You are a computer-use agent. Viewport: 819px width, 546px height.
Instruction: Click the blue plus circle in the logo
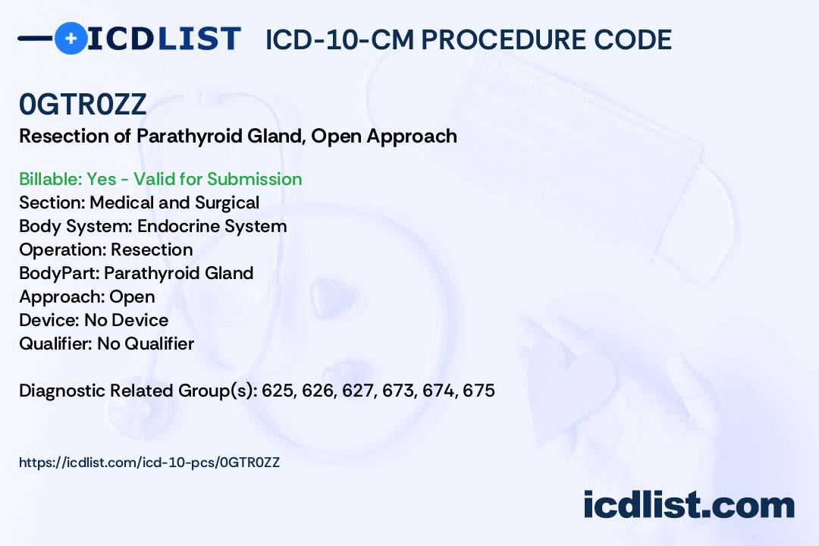71,38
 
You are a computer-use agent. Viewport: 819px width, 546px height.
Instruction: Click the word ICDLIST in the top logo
164,39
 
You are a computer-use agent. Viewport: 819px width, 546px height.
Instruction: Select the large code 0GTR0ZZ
83,104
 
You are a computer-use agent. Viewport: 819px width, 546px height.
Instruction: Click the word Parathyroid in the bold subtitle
189,136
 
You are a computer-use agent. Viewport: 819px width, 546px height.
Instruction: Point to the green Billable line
160,179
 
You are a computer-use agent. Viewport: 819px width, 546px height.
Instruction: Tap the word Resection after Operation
152,249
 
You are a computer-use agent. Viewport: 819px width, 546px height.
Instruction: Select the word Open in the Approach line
132,297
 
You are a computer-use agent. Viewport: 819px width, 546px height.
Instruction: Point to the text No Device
127,320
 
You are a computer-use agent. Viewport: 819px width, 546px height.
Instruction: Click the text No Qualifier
146,344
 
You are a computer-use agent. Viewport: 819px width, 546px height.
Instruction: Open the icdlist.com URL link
149,463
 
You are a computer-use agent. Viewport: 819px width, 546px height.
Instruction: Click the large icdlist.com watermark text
689,504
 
